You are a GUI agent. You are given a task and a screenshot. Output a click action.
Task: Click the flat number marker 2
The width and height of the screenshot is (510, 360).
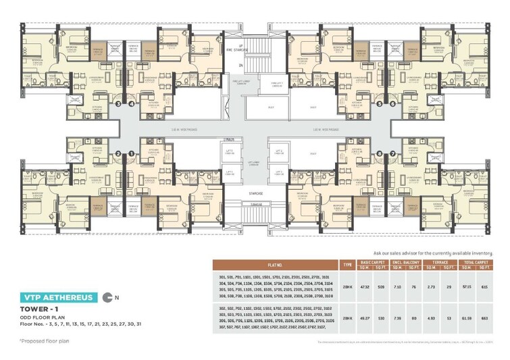[118, 153]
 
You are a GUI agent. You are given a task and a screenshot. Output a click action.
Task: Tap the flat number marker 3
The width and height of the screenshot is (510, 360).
[118, 105]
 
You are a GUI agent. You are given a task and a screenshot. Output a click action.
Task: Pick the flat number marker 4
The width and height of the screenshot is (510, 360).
[130, 105]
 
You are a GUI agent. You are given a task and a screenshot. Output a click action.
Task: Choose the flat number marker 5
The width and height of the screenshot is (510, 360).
[380, 105]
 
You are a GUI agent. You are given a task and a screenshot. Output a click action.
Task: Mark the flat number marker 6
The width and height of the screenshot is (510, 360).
[392, 105]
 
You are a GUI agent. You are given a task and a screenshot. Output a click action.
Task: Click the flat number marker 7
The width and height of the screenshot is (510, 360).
[392, 153]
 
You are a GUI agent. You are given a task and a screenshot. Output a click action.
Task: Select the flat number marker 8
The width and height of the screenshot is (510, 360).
[380, 153]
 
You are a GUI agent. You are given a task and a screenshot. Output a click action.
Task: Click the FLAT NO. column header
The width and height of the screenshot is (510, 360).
[278, 264]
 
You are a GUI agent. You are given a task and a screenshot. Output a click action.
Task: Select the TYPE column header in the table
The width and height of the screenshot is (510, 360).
[348, 264]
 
